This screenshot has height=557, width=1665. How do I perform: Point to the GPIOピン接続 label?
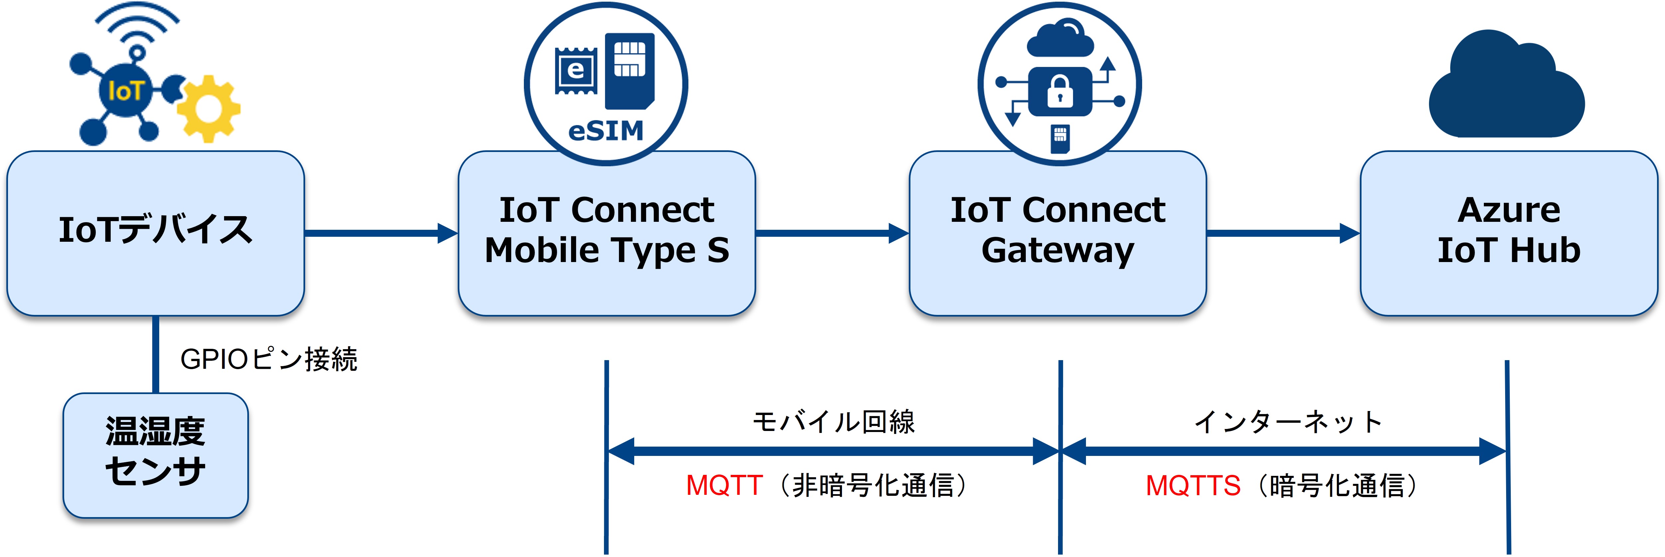pos(268,360)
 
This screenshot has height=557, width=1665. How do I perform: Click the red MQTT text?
pos(724,485)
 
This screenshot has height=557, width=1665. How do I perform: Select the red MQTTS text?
pos(1193,485)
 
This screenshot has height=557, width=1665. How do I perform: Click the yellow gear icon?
pos(208,109)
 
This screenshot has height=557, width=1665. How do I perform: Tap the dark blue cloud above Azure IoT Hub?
pos(1506,90)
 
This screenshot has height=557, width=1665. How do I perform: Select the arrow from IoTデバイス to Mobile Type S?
pos(381,233)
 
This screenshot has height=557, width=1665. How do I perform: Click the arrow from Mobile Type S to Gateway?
pos(832,233)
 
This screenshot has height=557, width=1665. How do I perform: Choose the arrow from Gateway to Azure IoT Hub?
pos(1283,233)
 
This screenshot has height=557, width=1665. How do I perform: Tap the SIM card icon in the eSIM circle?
pos(629,70)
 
